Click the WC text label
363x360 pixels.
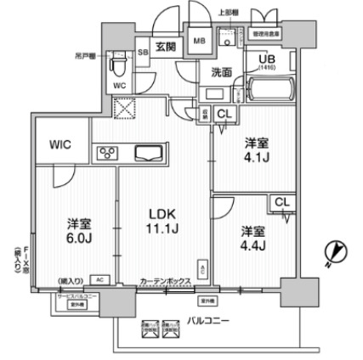pyautogui.click(x=119, y=87)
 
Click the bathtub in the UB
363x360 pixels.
pyautogui.click(x=267, y=90)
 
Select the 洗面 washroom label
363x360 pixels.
pyautogui.click(x=222, y=73)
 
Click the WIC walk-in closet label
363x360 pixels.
pyautogui.click(x=60, y=143)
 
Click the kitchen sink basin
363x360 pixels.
pyautogui.click(x=153, y=154)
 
